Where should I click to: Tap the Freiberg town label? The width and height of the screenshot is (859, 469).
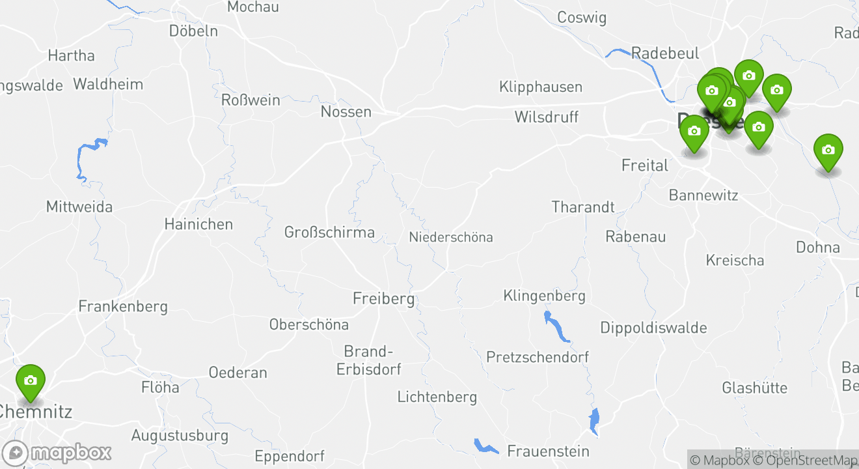[383, 299]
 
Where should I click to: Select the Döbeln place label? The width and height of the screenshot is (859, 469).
[193, 31]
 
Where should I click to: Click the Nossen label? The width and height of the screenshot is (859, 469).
[346, 112]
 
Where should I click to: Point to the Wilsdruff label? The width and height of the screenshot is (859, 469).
[546, 117]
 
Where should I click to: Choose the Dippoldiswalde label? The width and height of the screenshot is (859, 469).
[653, 328]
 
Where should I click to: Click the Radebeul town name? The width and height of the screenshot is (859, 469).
[665, 53]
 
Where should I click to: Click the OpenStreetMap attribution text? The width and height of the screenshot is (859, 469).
[806, 461]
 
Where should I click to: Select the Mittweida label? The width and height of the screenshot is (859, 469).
[79, 207]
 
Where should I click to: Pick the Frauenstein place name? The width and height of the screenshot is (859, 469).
[548, 451]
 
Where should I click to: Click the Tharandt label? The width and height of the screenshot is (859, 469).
[583, 207]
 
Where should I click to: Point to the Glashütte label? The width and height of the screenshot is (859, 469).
[754, 388]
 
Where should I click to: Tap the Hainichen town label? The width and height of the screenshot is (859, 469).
[198, 225]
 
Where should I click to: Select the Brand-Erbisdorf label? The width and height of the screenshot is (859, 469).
[369, 360]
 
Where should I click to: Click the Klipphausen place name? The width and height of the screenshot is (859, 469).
[541, 87]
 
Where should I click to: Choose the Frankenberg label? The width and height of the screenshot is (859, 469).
[123, 306]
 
